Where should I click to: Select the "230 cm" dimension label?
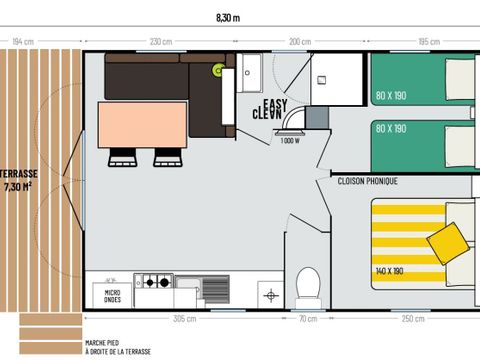coord(160,42)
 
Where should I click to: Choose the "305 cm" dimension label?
coord(185,319)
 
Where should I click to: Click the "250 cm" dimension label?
coord(411,319)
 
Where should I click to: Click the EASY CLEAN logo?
coord(277,109)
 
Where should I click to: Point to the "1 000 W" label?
coord(290,141)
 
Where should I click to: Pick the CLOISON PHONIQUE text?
coord(369,181)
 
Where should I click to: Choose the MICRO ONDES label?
coord(113,296)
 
